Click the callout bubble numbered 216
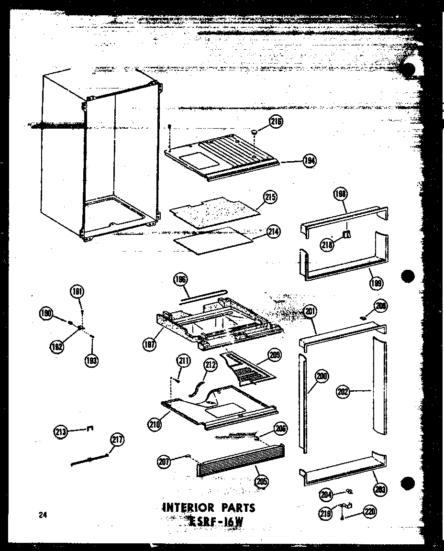(276, 122)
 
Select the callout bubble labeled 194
(310, 161)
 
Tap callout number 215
(271, 197)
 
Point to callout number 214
(274, 232)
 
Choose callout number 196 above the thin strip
(181, 280)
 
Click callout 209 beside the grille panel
(275, 355)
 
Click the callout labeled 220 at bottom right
(369, 512)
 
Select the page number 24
(43, 515)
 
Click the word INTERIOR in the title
(189, 507)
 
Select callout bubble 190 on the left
(46, 314)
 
